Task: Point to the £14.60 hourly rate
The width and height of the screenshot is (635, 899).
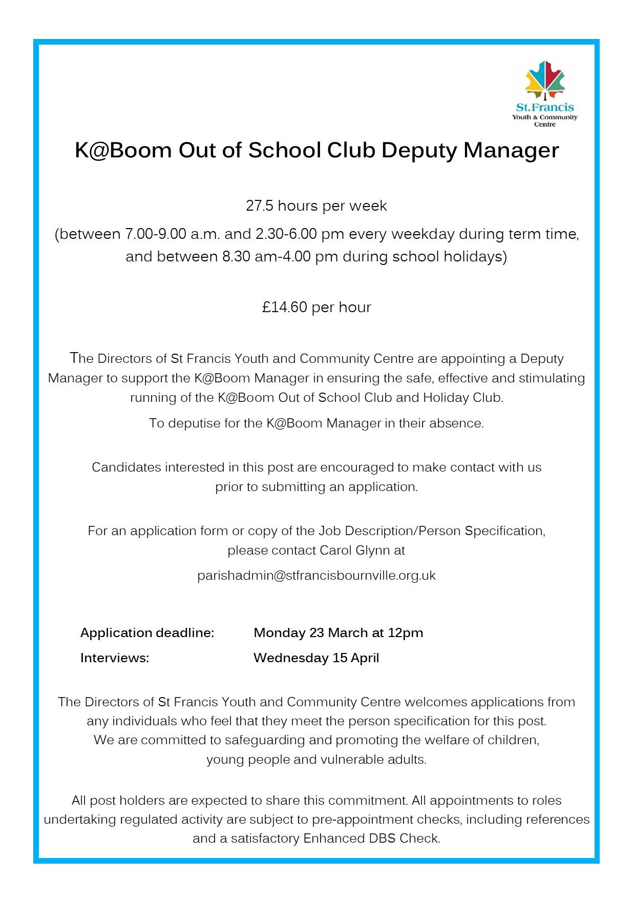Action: tap(284, 308)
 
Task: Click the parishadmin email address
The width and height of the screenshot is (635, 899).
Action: tap(316, 576)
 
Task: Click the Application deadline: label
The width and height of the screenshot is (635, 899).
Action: tap(147, 633)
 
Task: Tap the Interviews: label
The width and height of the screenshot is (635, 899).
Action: tap(115, 658)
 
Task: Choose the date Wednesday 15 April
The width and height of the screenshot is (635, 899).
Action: tap(316, 658)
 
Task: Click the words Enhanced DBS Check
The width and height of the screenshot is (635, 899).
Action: tap(371, 839)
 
